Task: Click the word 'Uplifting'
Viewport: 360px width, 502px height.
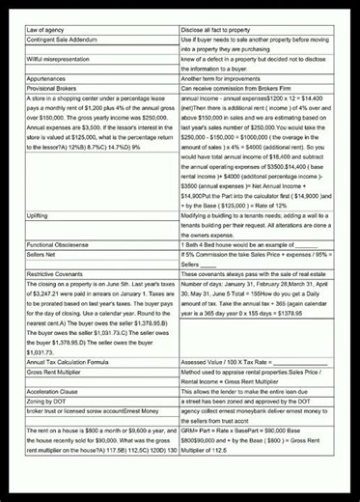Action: tap(43, 218)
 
